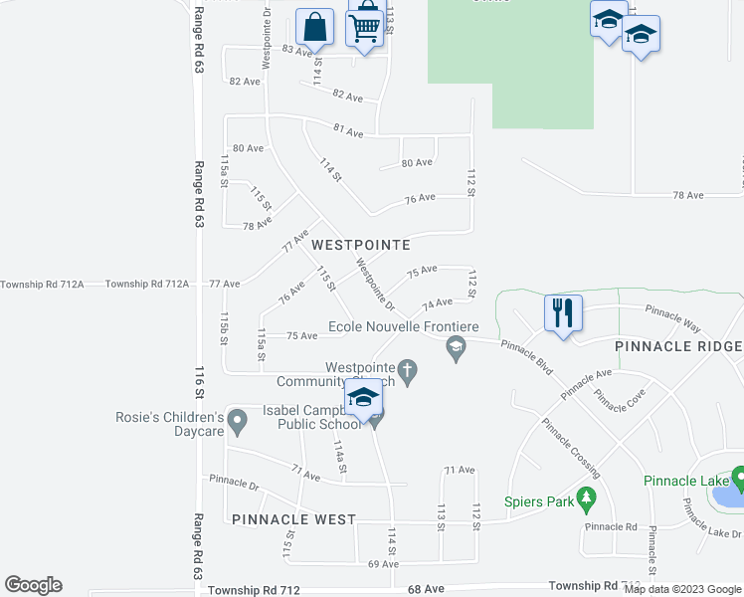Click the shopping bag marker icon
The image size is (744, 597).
[314, 27]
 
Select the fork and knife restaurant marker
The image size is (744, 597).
[563, 313]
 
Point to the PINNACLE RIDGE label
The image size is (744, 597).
[677, 346]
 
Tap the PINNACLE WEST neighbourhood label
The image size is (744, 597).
[293, 519]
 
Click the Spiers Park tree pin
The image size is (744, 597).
[588, 497]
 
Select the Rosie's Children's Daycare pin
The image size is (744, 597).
[237, 423]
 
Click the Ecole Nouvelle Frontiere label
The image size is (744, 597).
[405, 327]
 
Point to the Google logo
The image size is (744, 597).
[33, 585]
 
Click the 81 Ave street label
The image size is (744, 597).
[348, 131]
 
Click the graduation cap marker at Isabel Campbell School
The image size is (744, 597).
[364, 399]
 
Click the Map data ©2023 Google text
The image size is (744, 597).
[683, 589]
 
